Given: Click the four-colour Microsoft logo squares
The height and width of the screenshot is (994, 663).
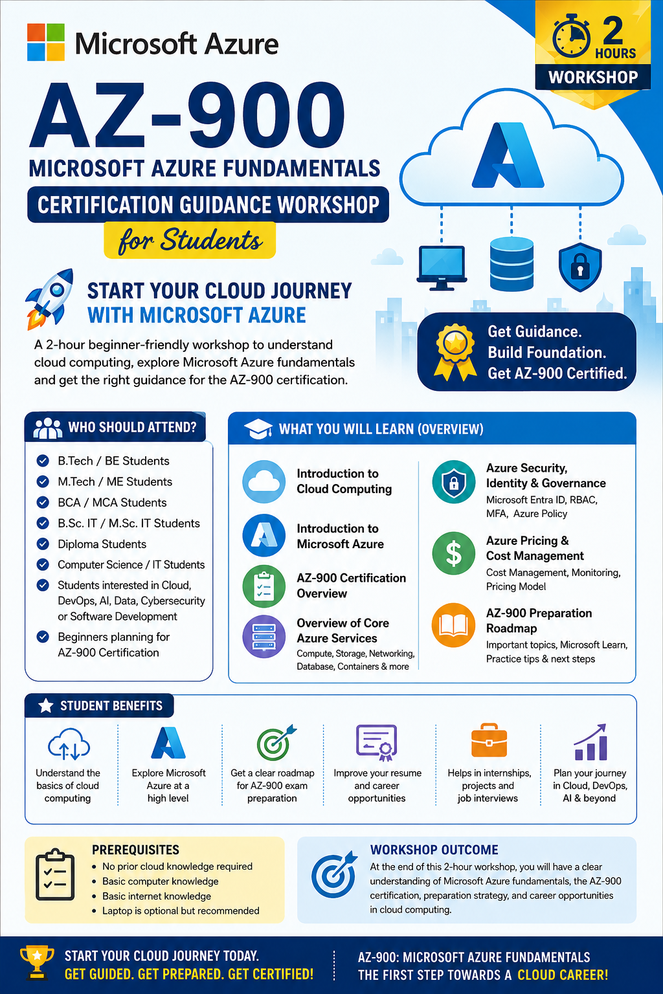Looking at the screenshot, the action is [x=46, y=42].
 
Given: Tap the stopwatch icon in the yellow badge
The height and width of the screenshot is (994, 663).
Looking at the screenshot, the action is [x=571, y=36].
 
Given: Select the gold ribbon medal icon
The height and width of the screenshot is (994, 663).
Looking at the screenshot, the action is [x=455, y=352].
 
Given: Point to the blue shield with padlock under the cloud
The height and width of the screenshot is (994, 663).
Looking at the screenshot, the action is [x=580, y=267].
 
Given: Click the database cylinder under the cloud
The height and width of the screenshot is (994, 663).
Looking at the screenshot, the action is [x=511, y=264].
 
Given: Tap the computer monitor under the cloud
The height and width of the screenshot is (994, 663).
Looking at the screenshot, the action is [x=442, y=267].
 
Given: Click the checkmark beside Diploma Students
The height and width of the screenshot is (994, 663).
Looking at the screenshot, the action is [x=43, y=544].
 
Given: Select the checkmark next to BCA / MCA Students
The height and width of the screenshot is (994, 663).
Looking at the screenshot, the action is [x=43, y=502].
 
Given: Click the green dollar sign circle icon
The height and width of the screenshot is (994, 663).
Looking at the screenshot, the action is [x=453, y=553].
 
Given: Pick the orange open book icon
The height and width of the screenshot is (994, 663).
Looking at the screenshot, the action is [x=453, y=625].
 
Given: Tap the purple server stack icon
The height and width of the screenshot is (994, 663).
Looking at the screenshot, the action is [x=264, y=636].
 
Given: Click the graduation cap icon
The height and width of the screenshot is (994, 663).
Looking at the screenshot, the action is [x=258, y=428].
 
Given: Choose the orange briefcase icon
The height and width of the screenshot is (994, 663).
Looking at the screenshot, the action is [x=489, y=740].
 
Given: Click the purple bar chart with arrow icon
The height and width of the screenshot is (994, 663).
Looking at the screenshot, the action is [x=590, y=742].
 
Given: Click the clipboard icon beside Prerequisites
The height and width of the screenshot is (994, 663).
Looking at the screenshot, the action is [x=55, y=874].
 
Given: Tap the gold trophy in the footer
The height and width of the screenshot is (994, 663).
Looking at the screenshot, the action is [x=38, y=962].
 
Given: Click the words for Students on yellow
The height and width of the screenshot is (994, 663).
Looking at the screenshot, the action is [x=190, y=241].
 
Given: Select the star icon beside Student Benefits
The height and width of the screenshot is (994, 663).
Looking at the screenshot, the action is [x=46, y=705].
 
